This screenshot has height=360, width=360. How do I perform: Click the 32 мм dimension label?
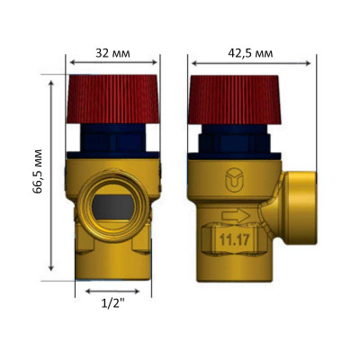(x=112, y=53)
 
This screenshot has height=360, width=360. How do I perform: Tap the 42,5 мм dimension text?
(x=250, y=53)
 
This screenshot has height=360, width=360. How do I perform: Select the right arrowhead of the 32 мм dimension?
(x=156, y=63)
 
